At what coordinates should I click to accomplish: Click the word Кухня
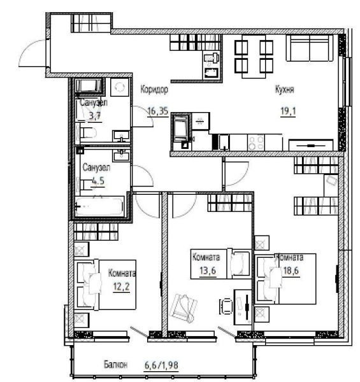[x=284, y=90]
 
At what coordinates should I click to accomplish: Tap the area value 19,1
[x=288, y=111]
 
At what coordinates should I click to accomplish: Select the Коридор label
[x=154, y=90]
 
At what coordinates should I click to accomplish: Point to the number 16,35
[x=158, y=111]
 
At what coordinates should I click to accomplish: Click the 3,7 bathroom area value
[x=94, y=116]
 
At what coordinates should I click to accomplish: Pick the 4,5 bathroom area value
[x=98, y=181]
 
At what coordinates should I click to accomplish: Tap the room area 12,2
[x=122, y=286]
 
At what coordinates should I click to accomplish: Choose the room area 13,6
[x=208, y=270]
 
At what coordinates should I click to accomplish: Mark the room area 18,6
[x=291, y=271]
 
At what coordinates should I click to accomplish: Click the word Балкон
[x=115, y=365]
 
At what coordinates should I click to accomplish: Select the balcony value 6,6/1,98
[x=161, y=365]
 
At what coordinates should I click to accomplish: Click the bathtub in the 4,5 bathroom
[x=99, y=207]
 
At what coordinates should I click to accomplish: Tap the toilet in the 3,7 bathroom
[x=88, y=133]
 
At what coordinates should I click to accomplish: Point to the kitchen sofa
[x=310, y=48]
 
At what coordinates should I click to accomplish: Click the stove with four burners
[x=256, y=143]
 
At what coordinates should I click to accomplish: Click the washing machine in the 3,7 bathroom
[x=120, y=87]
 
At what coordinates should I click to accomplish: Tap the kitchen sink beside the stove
[x=224, y=142]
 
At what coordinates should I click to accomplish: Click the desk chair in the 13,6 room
[x=227, y=306]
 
